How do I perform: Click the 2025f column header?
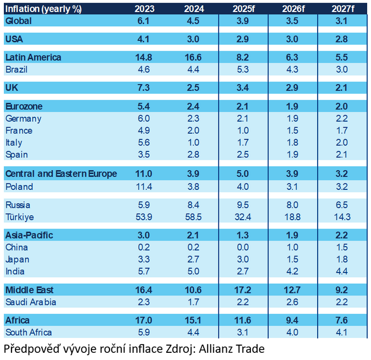[x=243, y=8]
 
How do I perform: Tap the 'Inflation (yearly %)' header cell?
[x=40, y=8]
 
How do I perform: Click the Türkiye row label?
[x=20, y=216]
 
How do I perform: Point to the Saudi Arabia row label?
[x=31, y=302]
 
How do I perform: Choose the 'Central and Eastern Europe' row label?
[x=61, y=174]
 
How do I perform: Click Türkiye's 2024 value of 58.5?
[x=194, y=216]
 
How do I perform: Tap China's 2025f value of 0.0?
[x=243, y=247]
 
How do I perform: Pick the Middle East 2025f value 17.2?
[x=243, y=290]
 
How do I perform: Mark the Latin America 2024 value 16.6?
[x=194, y=57]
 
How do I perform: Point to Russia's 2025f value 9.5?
[x=243, y=204]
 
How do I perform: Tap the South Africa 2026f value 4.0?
[x=292, y=332]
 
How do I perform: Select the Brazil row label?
[x=17, y=70]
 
